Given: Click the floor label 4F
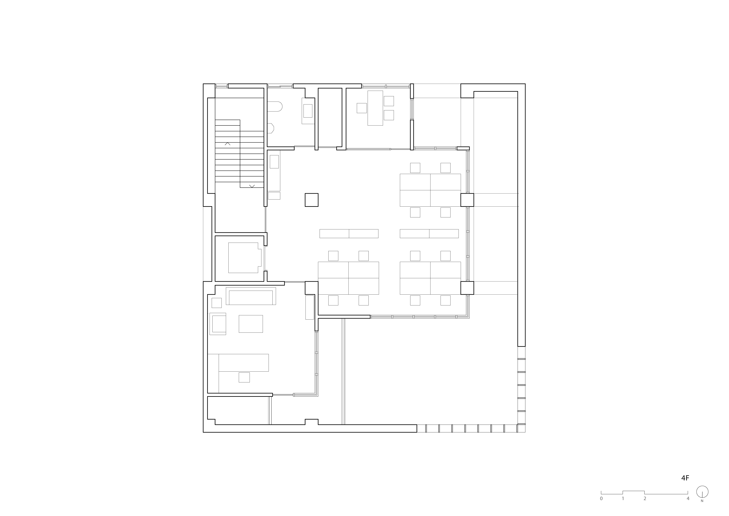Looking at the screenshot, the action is (685, 487).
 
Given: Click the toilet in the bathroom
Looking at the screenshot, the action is (274, 107).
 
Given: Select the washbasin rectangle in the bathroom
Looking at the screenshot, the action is (308, 111).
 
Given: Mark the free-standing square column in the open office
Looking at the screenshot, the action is (312, 200).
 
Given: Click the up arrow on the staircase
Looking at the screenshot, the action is (227, 144).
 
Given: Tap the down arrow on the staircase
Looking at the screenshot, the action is (252, 186).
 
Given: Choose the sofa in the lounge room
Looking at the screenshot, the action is (251, 296).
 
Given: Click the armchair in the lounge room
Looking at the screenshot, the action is (218, 324).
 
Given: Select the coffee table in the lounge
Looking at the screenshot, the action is (251, 324).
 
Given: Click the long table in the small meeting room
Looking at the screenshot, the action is (375, 108).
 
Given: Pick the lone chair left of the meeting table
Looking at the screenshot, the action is (362, 108).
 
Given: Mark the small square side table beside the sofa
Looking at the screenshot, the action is (217, 303).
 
